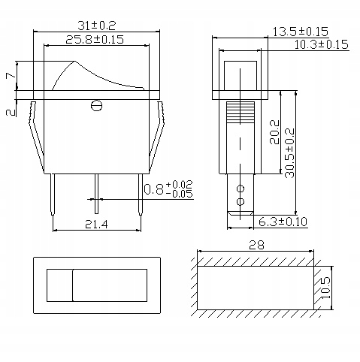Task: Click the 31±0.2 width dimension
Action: coord(97,26)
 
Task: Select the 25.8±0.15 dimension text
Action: coord(95,40)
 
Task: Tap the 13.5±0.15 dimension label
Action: coord(300,32)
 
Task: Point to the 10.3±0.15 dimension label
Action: coord(321,44)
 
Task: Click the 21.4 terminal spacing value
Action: coord(96,225)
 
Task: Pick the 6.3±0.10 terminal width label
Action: coord(283,222)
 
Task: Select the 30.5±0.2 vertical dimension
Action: coord(290,153)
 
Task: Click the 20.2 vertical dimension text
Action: coord(274,132)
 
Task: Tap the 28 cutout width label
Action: coord(256,245)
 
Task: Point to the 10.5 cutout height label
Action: coord(325,288)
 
